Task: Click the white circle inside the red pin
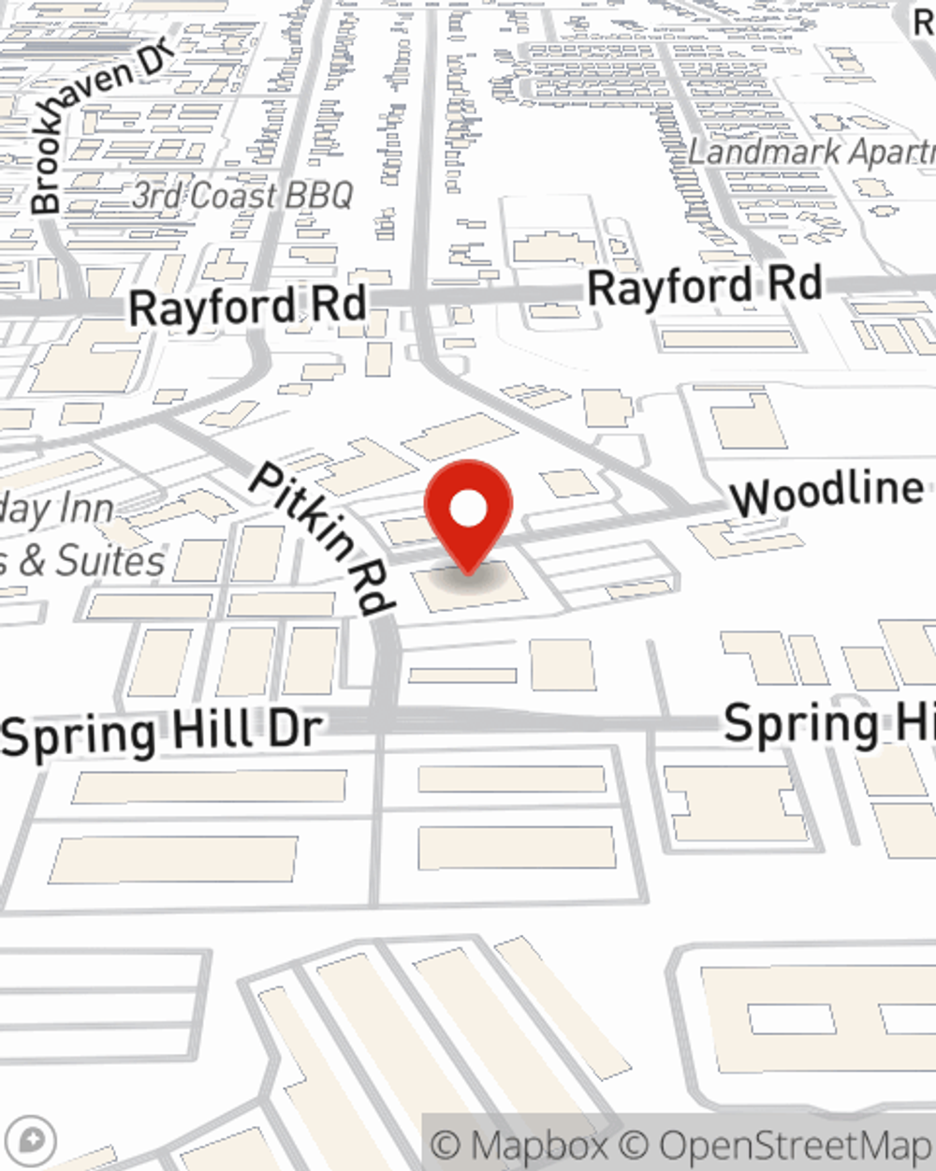[469, 511]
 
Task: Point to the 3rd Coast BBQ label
[242, 196]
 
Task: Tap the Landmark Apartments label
[811, 152]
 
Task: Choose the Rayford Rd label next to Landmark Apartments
[705, 287]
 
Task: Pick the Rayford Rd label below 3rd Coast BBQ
[247, 307]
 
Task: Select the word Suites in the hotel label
[110, 561]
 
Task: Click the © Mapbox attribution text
[519, 1145]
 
